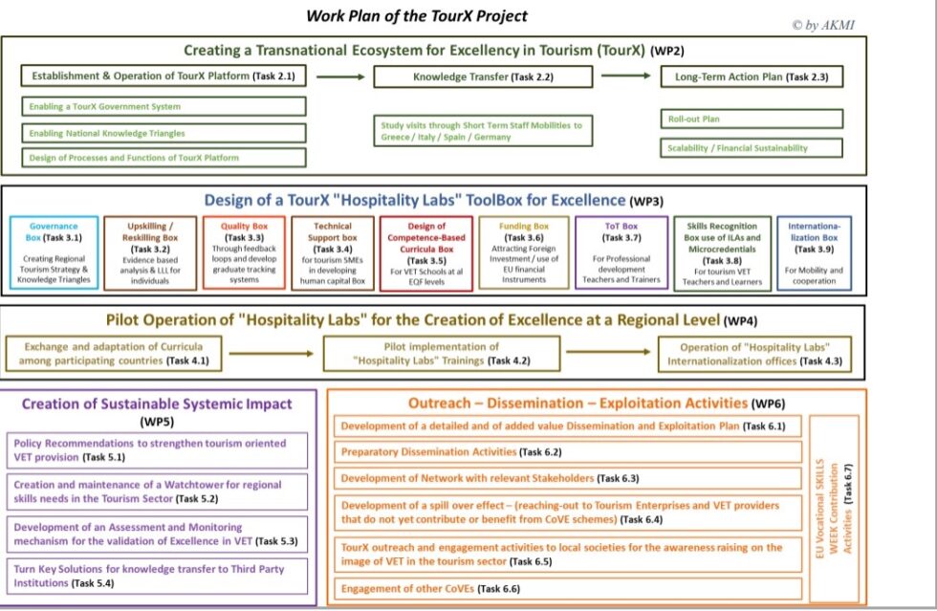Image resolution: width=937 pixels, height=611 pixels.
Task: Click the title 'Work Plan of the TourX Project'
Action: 416,16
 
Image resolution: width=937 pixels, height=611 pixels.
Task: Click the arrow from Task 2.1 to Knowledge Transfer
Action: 339,76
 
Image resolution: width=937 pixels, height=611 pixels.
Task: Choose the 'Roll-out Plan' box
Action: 752,119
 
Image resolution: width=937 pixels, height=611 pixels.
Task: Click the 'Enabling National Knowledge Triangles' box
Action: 163,133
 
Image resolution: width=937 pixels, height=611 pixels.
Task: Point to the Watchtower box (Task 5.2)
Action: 161,491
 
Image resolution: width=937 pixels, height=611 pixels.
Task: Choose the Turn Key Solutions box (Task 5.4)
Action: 161,576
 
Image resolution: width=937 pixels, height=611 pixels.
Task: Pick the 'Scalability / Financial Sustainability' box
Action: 752,148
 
